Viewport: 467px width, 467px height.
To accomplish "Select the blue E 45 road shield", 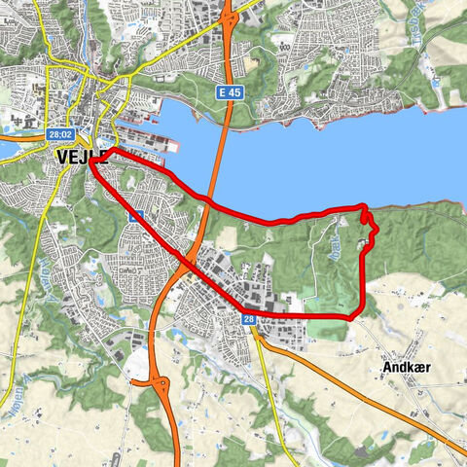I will pyautogui.click(x=228, y=90).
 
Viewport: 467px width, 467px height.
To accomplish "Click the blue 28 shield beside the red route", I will pyautogui.click(x=249, y=319).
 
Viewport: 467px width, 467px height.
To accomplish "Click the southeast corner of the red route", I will pyautogui.click(x=360, y=313).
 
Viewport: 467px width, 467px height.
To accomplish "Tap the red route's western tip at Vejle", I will pyautogui.click(x=91, y=161).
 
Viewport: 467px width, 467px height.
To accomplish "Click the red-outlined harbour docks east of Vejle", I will pyautogui.click(x=156, y=147).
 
